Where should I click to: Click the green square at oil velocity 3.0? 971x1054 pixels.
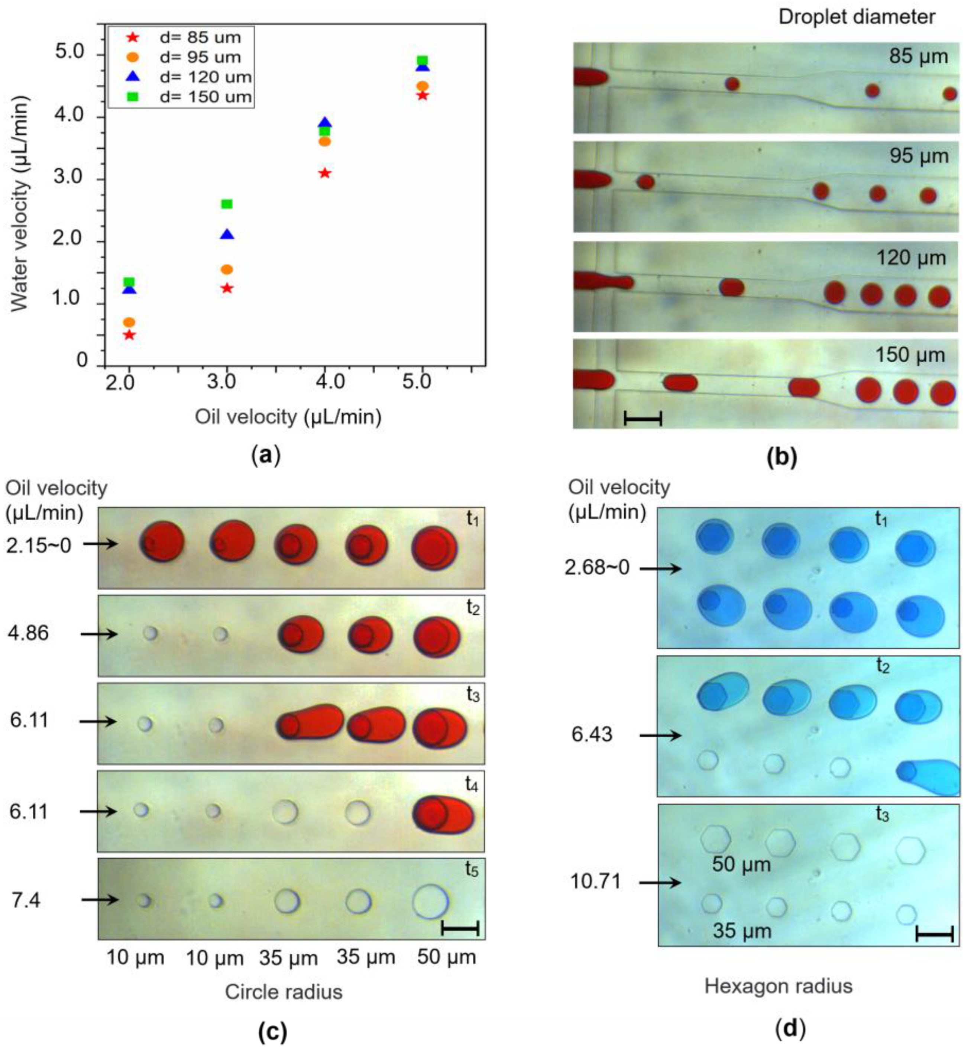[x=226, y=204]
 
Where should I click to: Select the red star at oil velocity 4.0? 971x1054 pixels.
[x=325, y=173]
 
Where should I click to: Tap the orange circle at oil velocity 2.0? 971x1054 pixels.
[x=129, y=322]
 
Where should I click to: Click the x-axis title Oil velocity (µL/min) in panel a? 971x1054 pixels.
[x=288, y=417]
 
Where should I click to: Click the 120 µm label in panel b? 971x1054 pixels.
[x=910, y=258]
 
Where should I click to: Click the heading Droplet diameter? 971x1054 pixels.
[x=857, y=17]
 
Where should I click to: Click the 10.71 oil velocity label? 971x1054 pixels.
[x=596, y=881]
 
